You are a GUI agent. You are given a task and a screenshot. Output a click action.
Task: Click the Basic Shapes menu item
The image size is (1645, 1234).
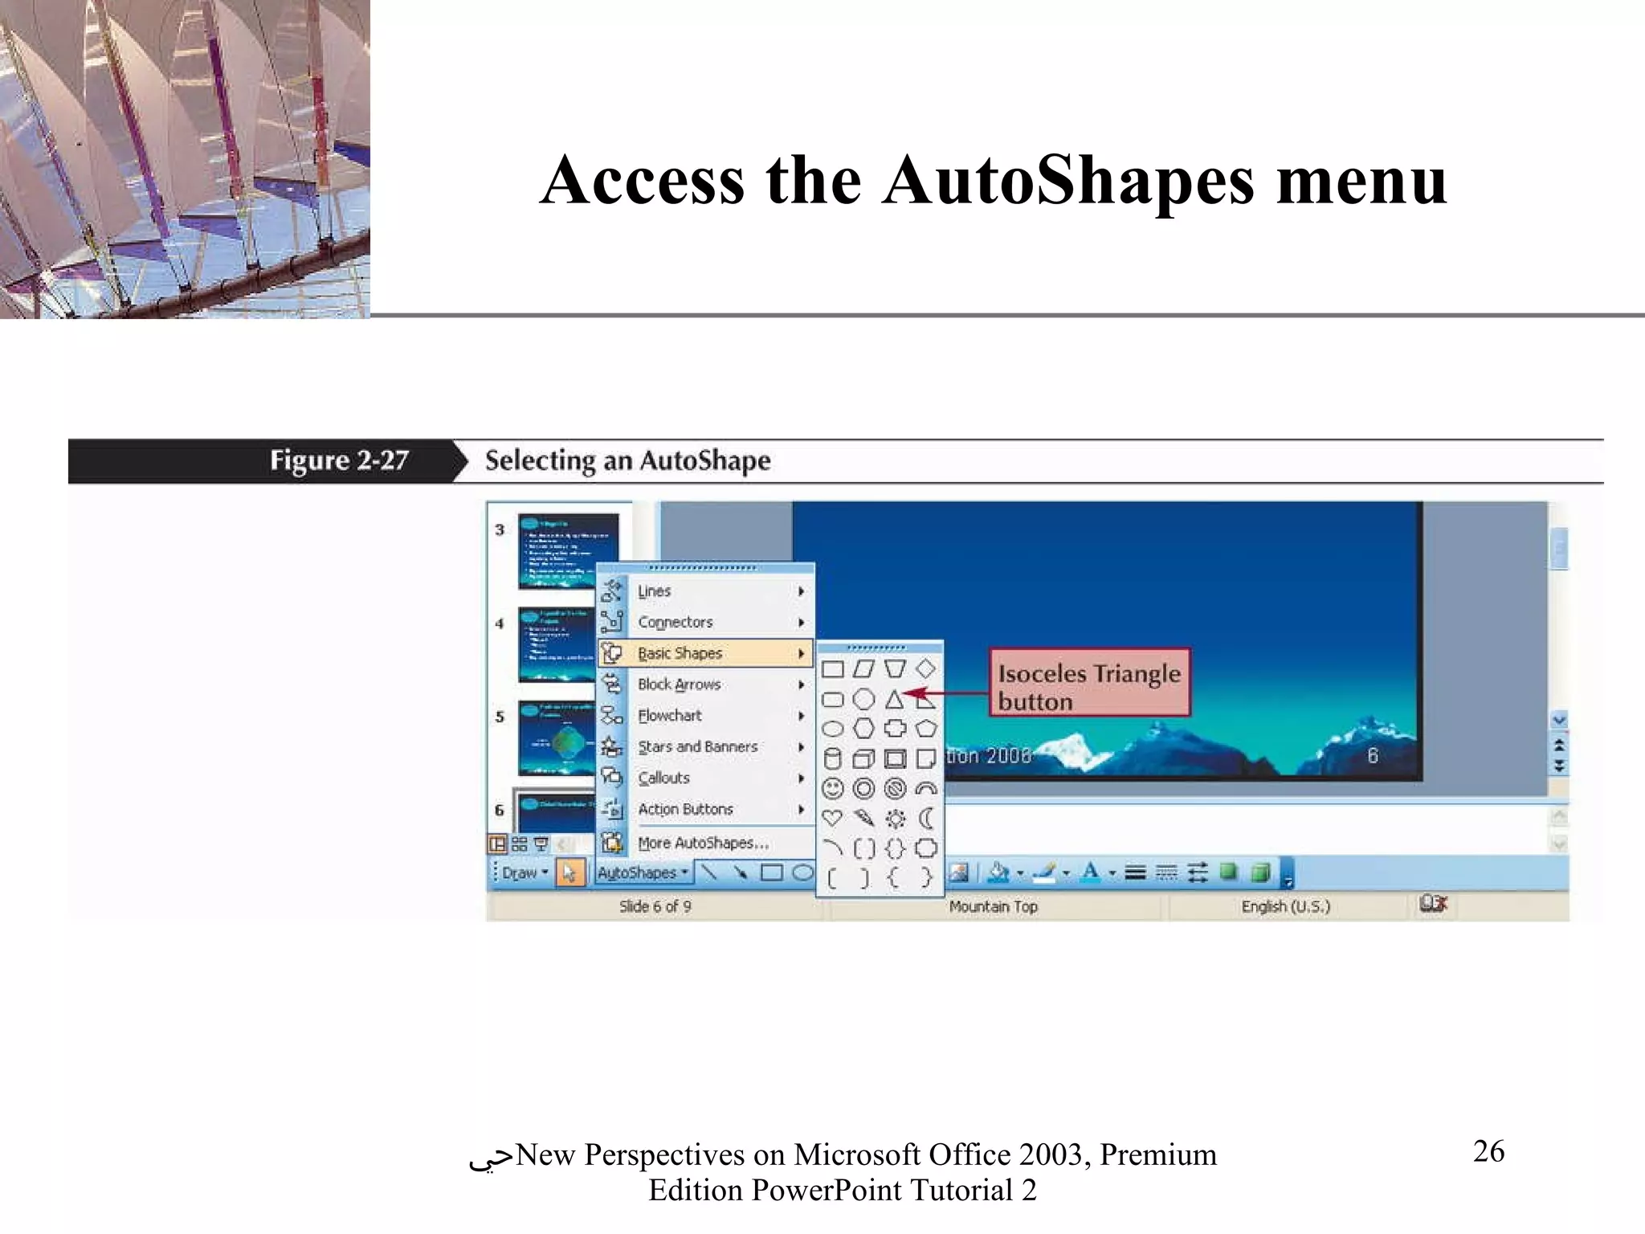[x=680, y=653]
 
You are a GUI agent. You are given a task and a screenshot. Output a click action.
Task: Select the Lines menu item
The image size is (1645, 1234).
[x=654, y=591]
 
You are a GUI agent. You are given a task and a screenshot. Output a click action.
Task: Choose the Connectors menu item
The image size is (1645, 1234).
[x=675, y=623]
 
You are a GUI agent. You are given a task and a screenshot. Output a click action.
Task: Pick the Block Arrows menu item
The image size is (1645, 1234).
[x=679, y=684]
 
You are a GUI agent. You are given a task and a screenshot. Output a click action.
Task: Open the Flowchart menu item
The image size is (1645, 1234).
[x=669, y=716]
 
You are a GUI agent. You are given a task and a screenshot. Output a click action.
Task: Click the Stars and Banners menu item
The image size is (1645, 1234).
[x=697, y=747]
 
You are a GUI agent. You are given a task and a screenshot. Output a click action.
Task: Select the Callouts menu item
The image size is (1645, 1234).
[x=663, y=778]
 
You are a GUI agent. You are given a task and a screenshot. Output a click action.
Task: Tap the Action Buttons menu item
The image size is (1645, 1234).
[x=685, y=810]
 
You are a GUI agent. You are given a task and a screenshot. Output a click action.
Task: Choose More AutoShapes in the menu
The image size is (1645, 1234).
[x=703, y=843]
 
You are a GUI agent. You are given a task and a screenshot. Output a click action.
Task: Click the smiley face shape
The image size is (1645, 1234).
[x=833, y=789]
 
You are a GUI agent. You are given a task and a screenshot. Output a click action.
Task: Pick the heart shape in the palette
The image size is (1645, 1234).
[x=833, y=819]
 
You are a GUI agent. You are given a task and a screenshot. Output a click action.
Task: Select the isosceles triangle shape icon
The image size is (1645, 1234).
[x=894, y=700]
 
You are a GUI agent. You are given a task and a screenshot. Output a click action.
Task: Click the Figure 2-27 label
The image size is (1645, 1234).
[x=339, y=461]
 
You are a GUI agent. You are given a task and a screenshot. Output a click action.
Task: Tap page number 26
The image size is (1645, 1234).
[x=1488, y=1151]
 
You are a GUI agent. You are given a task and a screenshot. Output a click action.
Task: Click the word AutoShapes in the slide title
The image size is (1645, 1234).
[x=1067, y=180]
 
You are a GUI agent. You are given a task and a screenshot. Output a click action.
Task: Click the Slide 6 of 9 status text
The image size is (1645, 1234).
[x=655, y=907]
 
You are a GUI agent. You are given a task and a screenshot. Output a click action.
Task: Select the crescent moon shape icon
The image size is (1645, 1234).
[x=926, y=819]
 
